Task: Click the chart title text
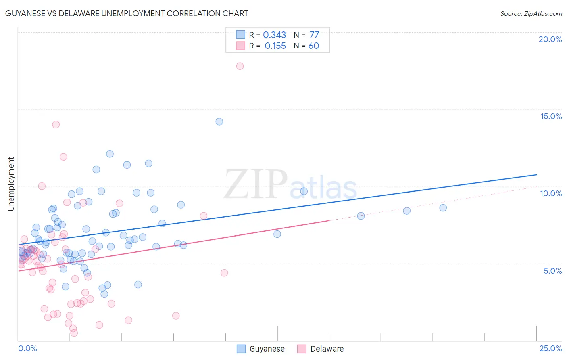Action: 127,13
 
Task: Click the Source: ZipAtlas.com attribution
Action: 531,13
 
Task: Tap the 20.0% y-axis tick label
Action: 550,39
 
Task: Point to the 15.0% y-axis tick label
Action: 551,116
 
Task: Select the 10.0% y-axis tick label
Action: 551,193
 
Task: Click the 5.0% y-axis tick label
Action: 552,271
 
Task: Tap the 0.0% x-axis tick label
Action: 27,348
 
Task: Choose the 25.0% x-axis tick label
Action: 550,348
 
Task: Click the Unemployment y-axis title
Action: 11,184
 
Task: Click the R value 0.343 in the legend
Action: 274,35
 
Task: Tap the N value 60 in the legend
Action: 313,46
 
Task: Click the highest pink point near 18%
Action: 240,66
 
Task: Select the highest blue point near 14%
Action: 219,121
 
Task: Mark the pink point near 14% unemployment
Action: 56,125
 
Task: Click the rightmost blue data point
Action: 443,208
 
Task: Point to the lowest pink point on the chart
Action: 74,333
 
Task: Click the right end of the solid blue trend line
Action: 536,175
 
